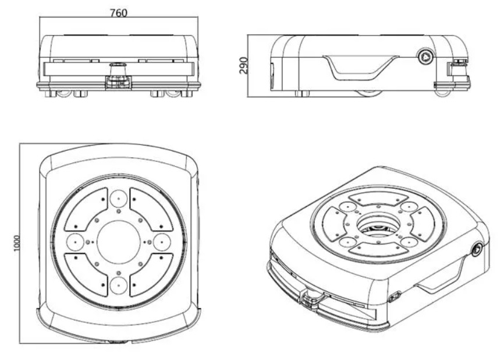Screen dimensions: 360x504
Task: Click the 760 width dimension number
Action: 119,13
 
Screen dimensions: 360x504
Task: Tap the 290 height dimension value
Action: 244,65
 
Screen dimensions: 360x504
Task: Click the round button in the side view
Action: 426,57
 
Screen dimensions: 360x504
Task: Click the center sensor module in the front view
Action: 118,77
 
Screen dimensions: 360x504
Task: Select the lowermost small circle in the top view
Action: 118,285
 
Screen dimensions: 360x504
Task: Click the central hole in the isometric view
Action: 378,225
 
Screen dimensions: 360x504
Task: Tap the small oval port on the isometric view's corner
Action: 393,297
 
